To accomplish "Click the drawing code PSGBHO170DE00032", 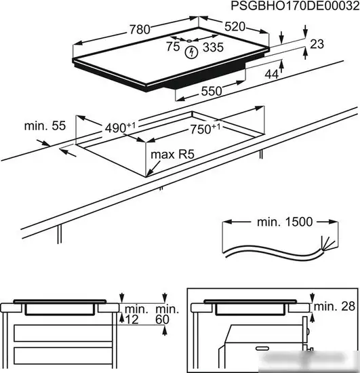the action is pyautogui.click(x=295, y=5).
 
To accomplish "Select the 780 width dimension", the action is pyautogui.click(x=140, y=29).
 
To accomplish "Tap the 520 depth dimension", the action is pyautogui.click(x=235, y=26).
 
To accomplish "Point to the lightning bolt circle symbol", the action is pyautogui.click(x=191, y=52).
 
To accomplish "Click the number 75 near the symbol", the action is pyautogui.click(x=173, y=46).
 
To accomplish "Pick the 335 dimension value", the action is pyautogui.click(x=213, y=47).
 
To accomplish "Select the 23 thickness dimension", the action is pyautogui.click(x=317, y=44).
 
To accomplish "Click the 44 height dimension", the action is pyautogui.click(x=272, y=75).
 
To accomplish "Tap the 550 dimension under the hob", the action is pyautogui.click(x=212, y=91).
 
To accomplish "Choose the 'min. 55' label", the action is pyautogui.click(x=45, y=126).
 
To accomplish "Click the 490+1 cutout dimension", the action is pyautogui.click(x=120, y=127).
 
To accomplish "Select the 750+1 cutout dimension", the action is pyautogui.click(x=205, y=129).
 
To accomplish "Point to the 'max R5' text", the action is pyautogui.click(x=173, y=155).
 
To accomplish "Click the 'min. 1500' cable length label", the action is pyautogui.click(x=285, y=222).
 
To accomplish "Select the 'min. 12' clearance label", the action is pyautogui.click(x=136, y=314).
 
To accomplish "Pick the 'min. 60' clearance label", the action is pyautogui.click(x=167, y=314).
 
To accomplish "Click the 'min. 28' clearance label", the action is pyautogui.click(x=334, y=307).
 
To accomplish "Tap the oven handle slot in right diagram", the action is pyautogui.click(x=262, y=349).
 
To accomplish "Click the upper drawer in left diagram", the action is pyautogui.click(x=63, y=333).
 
